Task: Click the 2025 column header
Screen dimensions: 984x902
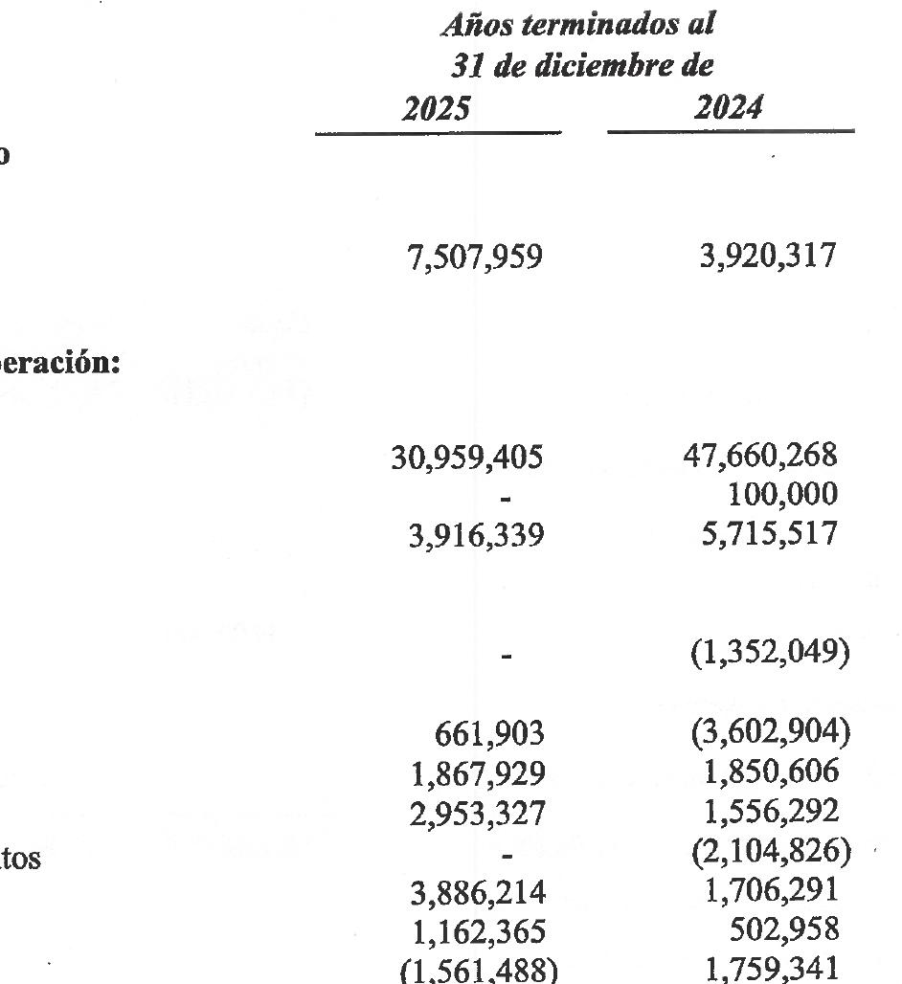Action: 437,108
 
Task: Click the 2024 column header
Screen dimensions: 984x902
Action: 729,108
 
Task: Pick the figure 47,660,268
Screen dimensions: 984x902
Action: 760,457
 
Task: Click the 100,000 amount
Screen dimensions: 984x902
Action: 781,494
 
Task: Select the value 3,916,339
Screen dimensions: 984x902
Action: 476,534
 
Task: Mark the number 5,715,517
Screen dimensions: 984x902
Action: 769,532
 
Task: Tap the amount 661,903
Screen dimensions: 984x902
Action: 489,734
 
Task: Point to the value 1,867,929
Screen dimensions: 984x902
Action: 476,773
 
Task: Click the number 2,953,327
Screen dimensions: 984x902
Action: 476,813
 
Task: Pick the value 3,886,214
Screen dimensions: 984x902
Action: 476,892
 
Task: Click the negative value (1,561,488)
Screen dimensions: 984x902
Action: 476,970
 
